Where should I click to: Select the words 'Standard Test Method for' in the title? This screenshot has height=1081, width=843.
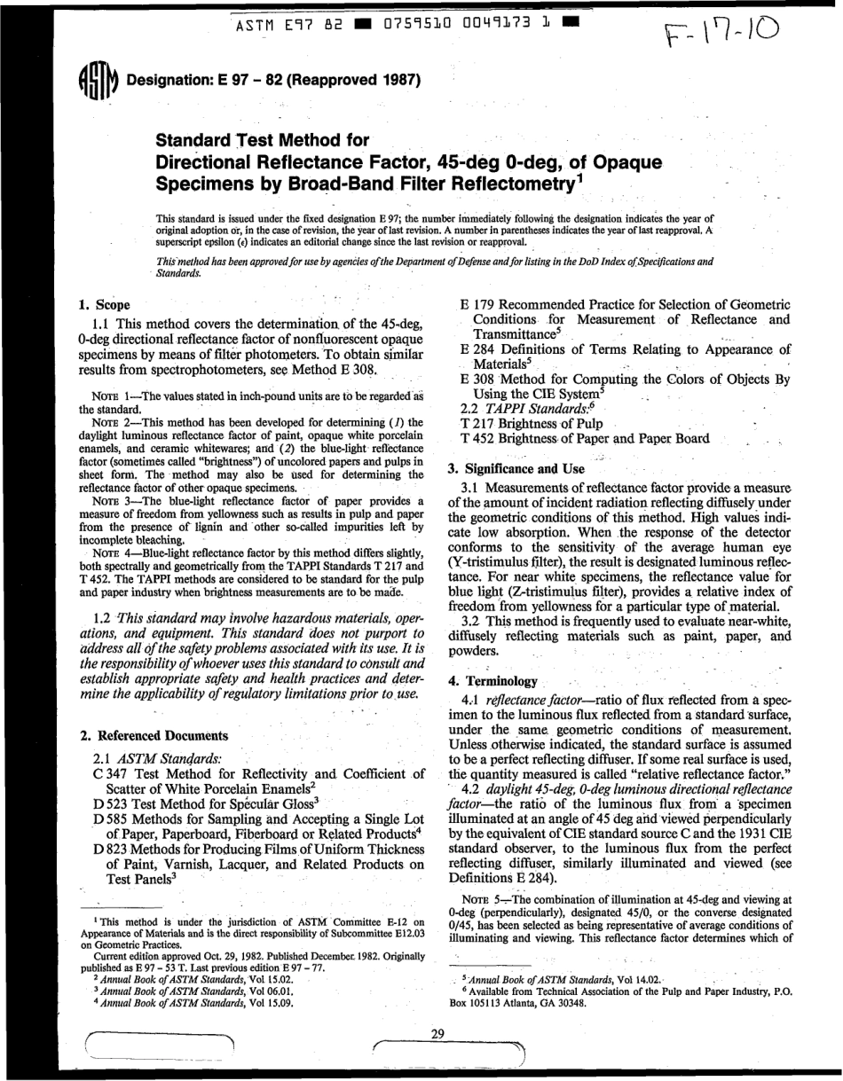click(x=263, y=140)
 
